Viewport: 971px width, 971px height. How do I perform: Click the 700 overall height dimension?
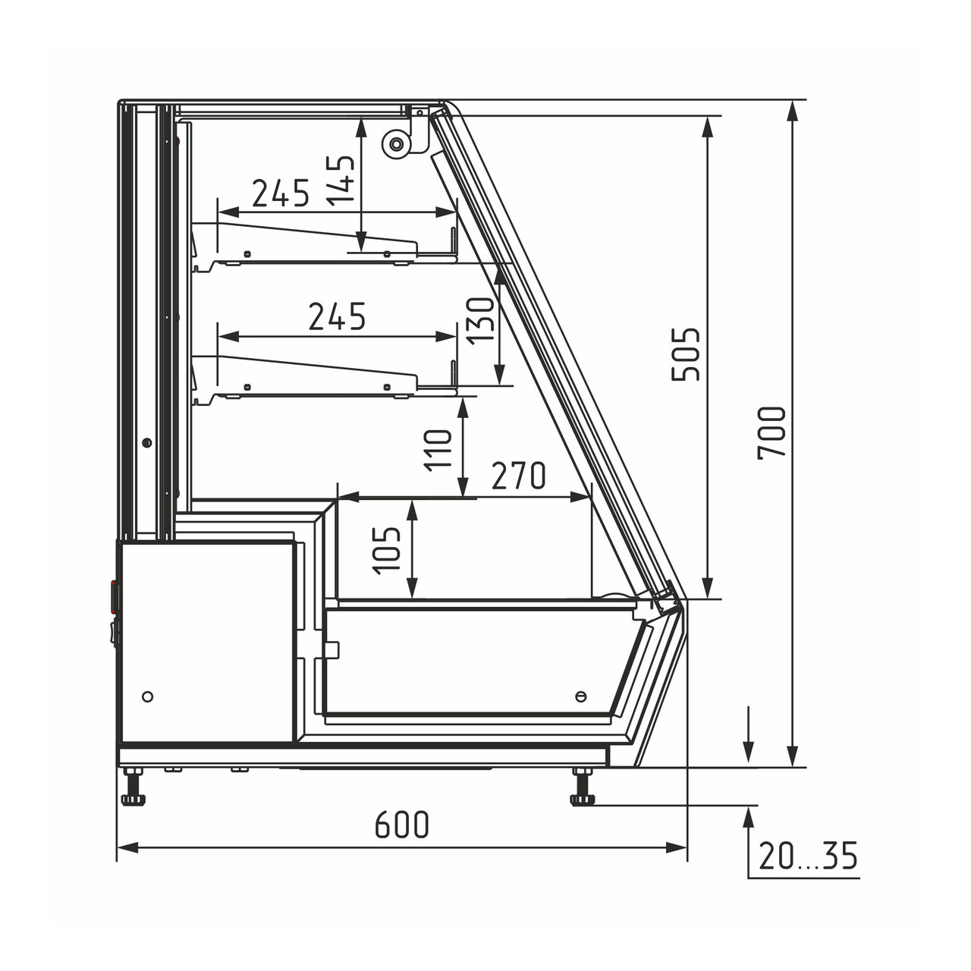coord(771,433)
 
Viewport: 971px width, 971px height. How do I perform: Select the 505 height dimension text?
coord(687,354)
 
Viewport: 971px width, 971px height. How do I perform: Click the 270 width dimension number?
coord(519,475)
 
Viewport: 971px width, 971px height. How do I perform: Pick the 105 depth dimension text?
coord(386,550)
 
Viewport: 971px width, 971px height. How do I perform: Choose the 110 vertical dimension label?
coord(438,451)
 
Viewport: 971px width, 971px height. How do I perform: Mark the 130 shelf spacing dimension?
coord(480,321)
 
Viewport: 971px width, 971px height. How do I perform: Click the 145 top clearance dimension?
coord(341,181)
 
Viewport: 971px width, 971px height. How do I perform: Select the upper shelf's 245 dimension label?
coord(281,193)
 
